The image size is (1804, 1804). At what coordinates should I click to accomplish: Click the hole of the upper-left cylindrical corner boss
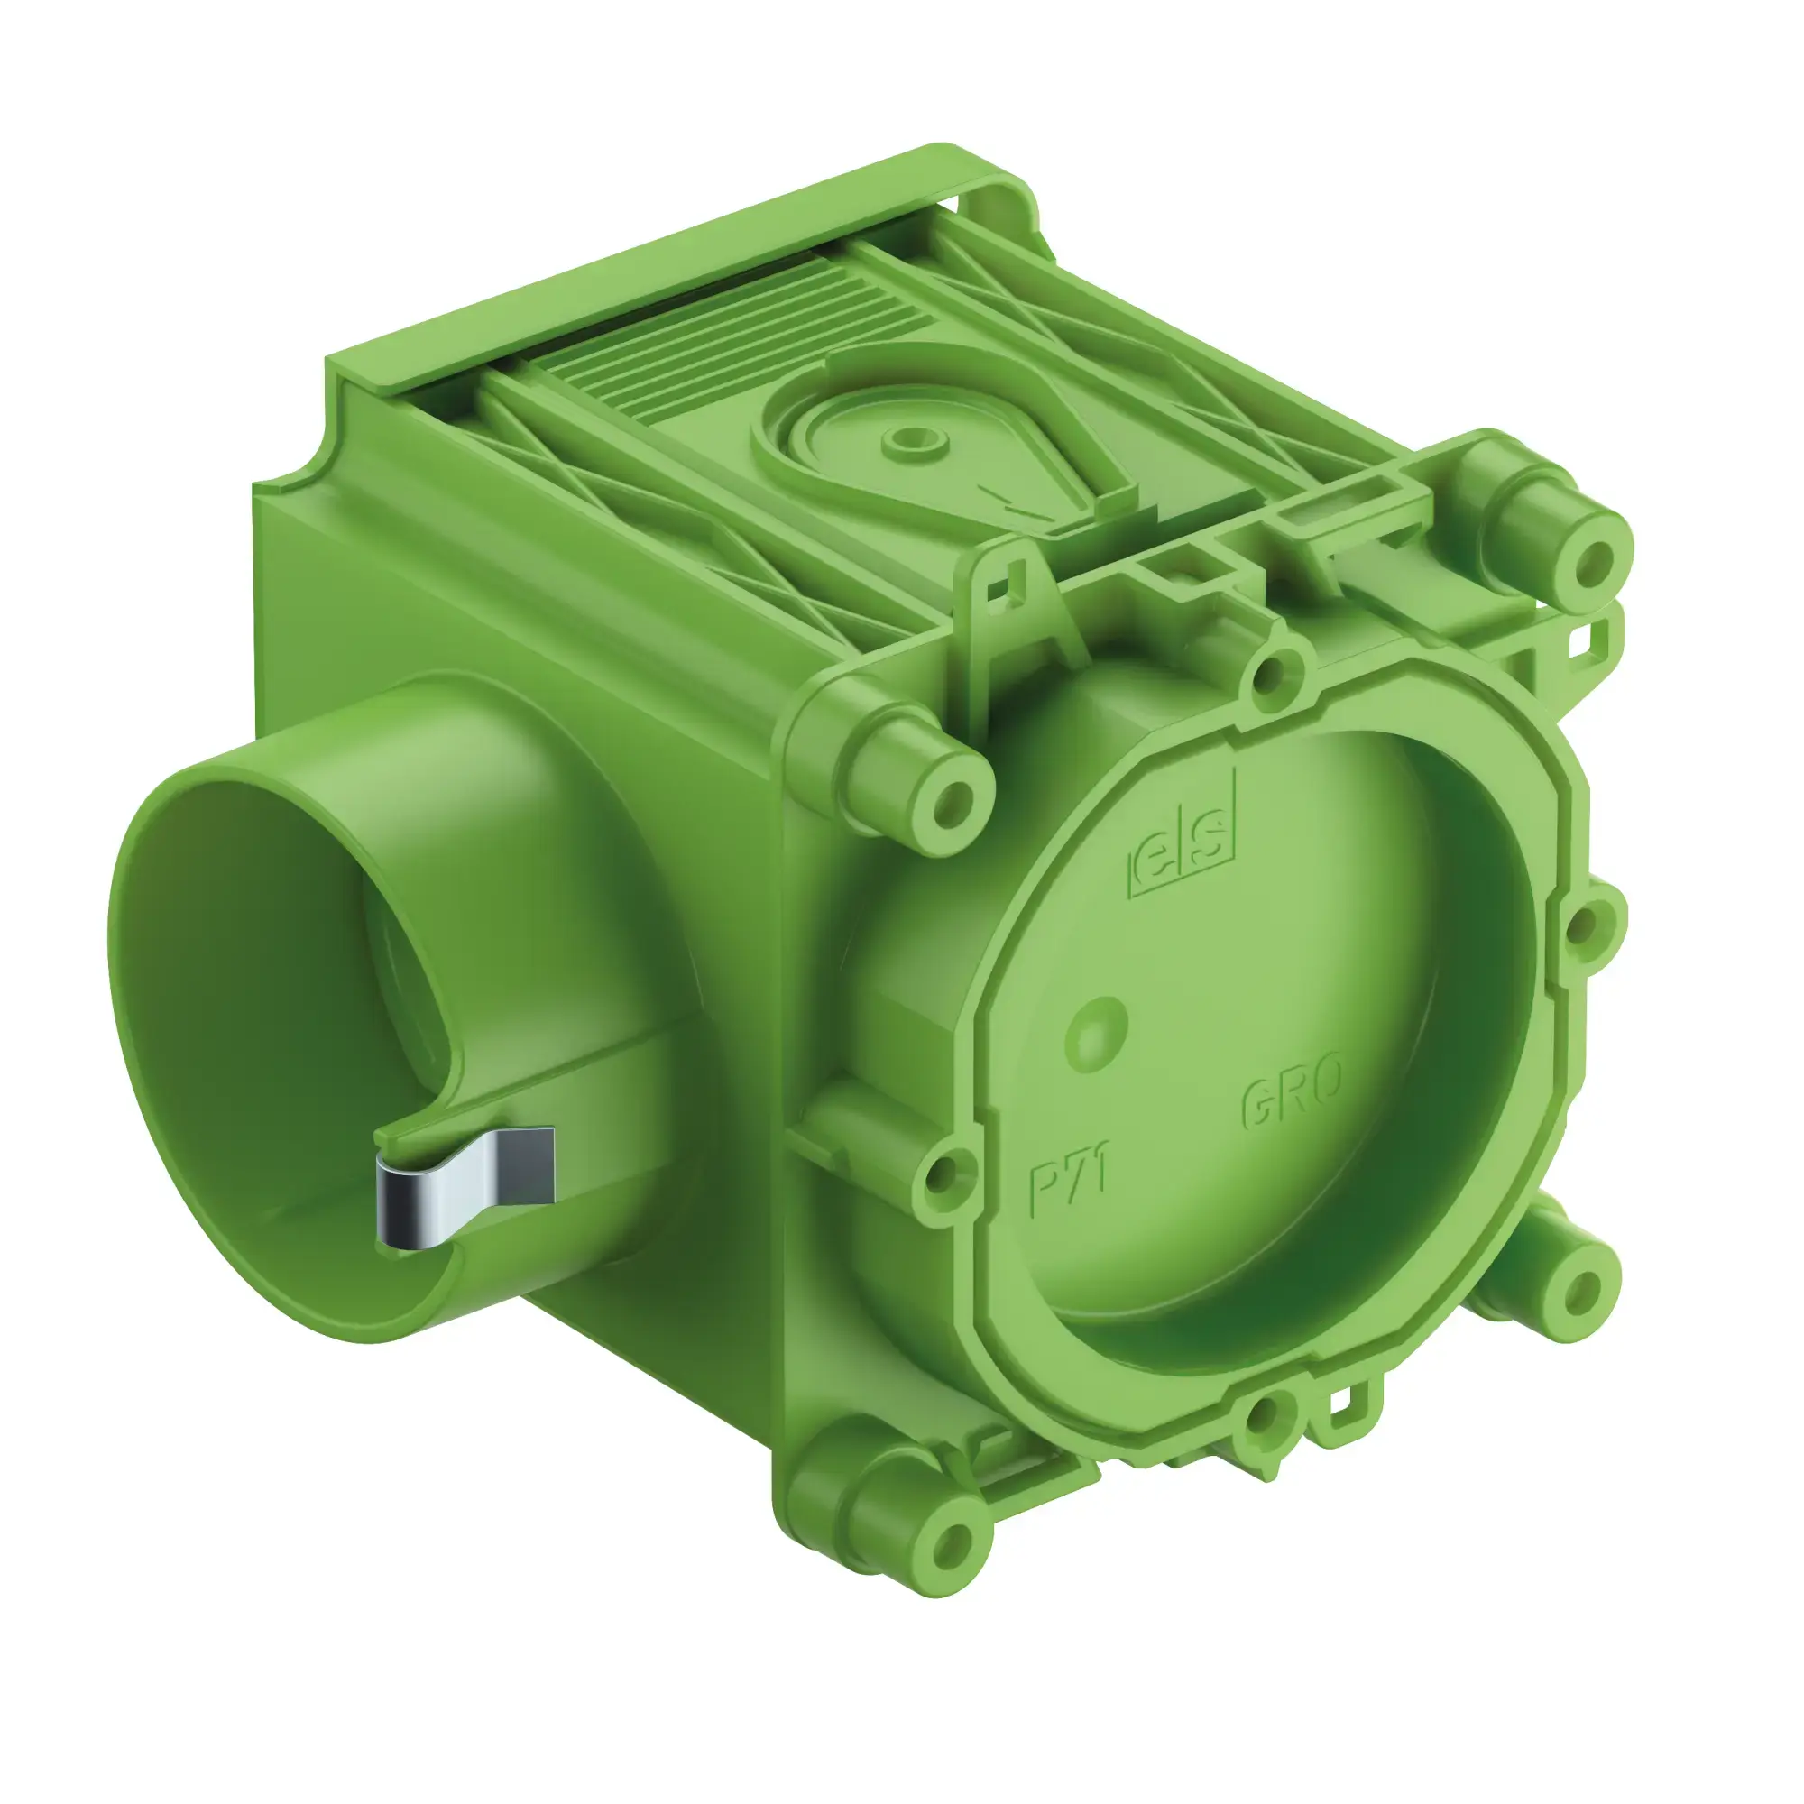(x=953, y=800)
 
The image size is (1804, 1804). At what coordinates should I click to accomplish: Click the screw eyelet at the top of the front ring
(x=1270, y=677)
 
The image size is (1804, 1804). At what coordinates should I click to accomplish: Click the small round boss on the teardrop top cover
(x=912, y=439)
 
